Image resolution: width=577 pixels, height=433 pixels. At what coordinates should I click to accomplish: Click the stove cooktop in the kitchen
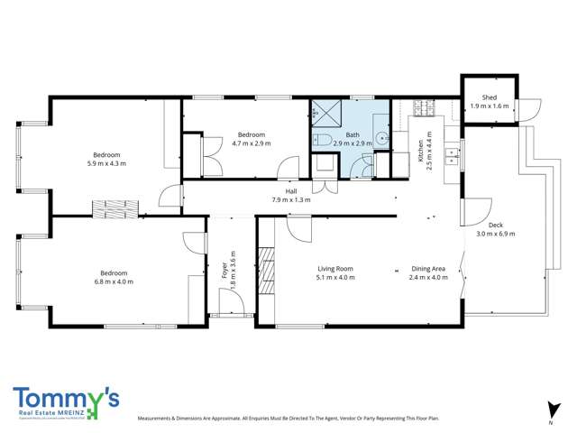(x=423, y=112)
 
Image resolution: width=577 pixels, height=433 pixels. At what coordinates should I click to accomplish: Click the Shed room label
(x=490, y=97)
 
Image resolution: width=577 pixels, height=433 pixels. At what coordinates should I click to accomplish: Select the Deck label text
(x=495, y=226)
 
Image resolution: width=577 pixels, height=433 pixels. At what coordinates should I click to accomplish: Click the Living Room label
(x=334, y=268)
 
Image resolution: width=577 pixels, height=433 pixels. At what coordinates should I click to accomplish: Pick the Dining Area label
(x=429, y=268)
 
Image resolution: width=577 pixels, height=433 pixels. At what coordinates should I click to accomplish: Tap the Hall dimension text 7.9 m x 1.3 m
(x=291, y=199)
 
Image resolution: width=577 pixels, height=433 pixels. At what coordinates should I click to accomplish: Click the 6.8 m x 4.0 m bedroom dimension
(x=114, y=281)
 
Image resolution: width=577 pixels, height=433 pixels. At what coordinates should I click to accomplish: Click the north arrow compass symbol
(x=549, y=410)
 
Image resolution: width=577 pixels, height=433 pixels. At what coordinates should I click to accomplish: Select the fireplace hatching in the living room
(x=266, y=269)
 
